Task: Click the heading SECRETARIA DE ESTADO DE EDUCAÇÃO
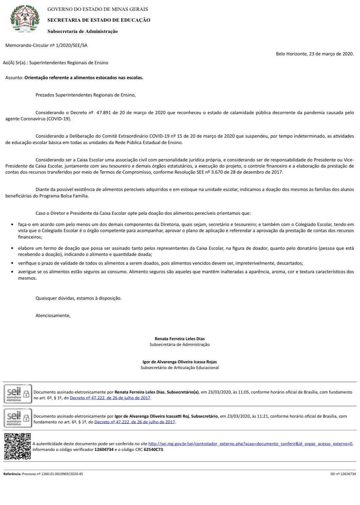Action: pos(99,20)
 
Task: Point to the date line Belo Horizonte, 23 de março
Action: pos(314,54)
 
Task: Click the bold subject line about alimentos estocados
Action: pos(84,77)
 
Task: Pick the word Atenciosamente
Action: pos(53,315)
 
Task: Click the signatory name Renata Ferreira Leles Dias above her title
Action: pos(179,338)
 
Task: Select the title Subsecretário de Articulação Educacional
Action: pos(179,367)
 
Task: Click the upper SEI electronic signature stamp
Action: pos(17,394)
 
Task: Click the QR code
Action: pos(17,446)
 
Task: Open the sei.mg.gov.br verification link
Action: pos(251,443)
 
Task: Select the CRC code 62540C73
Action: pos(153,449)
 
